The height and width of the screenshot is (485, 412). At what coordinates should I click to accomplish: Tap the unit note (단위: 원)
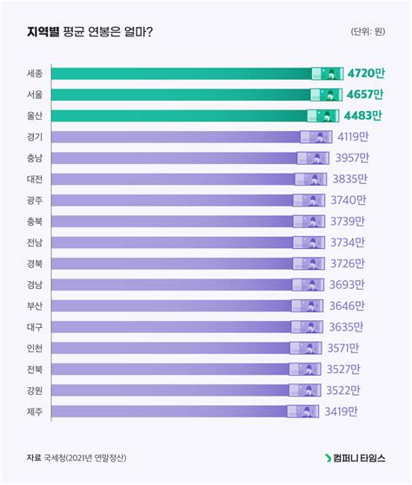point(368,33)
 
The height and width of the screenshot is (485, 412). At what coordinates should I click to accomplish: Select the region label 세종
point(35,73)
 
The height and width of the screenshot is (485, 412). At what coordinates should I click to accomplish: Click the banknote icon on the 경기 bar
point(316,136)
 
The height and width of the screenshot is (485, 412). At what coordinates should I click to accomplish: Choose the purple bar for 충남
point(174,158)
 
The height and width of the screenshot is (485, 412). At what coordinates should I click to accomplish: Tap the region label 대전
point(35,179)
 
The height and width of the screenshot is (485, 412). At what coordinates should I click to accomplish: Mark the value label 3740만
point(348,200)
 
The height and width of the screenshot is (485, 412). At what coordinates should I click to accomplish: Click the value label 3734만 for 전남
point(348,242)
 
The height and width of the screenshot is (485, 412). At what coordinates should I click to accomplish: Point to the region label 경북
point(35,264)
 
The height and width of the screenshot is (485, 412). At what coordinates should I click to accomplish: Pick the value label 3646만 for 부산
point(347,305)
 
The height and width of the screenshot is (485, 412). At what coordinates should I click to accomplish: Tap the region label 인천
point(35,348)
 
